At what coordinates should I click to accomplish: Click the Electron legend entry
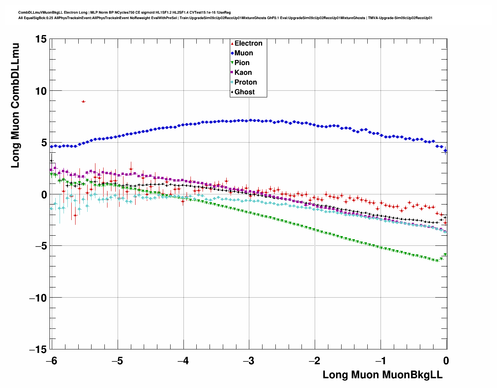click(x=248, y=43)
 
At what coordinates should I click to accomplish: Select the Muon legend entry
click(x=243, y=53)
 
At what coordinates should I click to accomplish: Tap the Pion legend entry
click(x=242, y=63)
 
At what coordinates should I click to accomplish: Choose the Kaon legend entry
click(x=243, y=72)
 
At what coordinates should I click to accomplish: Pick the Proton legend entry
click(x=245, y=82)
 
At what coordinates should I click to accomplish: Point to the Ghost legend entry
click(x=244, y=92)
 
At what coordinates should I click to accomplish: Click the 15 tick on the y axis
click(x=40, y=39)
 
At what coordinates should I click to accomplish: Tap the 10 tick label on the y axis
click(x=40, y=91)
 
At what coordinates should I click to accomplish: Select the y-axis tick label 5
click(x=43, y=143)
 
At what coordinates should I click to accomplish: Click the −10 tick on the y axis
click(x=38, y=298)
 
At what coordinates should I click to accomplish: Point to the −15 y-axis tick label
click(x=38, y=350)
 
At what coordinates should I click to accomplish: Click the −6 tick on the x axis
click(x=51, y=361)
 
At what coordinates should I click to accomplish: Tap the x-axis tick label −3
click(x=248, y=361)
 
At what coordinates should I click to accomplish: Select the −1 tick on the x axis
click(x=380, y=361)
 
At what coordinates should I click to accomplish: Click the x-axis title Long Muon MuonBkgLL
click(x=382, y=375)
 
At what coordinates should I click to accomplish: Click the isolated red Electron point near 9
click(x=83, y=101)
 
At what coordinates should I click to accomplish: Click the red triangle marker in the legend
click(x=232, y=43)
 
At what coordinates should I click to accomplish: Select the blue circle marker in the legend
click(x=232, y=53)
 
